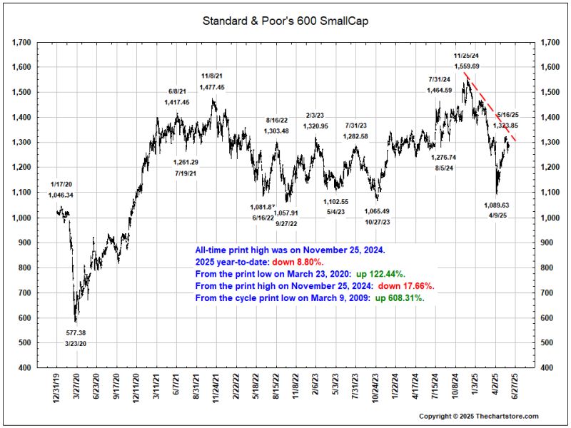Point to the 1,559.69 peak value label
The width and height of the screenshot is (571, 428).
466,66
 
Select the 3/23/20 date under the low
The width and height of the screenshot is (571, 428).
76,344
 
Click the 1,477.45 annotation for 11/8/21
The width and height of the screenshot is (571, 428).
212,87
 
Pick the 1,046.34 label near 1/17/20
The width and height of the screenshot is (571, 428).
61,195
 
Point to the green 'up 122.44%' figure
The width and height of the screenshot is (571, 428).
385,273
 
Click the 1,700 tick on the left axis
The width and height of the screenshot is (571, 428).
21,43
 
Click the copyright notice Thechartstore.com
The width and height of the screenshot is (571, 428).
478,416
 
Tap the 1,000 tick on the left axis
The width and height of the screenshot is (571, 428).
21,218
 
